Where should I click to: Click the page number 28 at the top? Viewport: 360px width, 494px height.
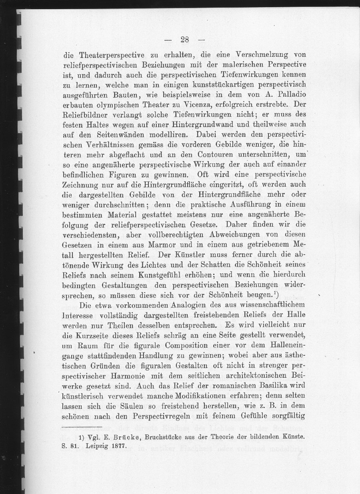184,39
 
